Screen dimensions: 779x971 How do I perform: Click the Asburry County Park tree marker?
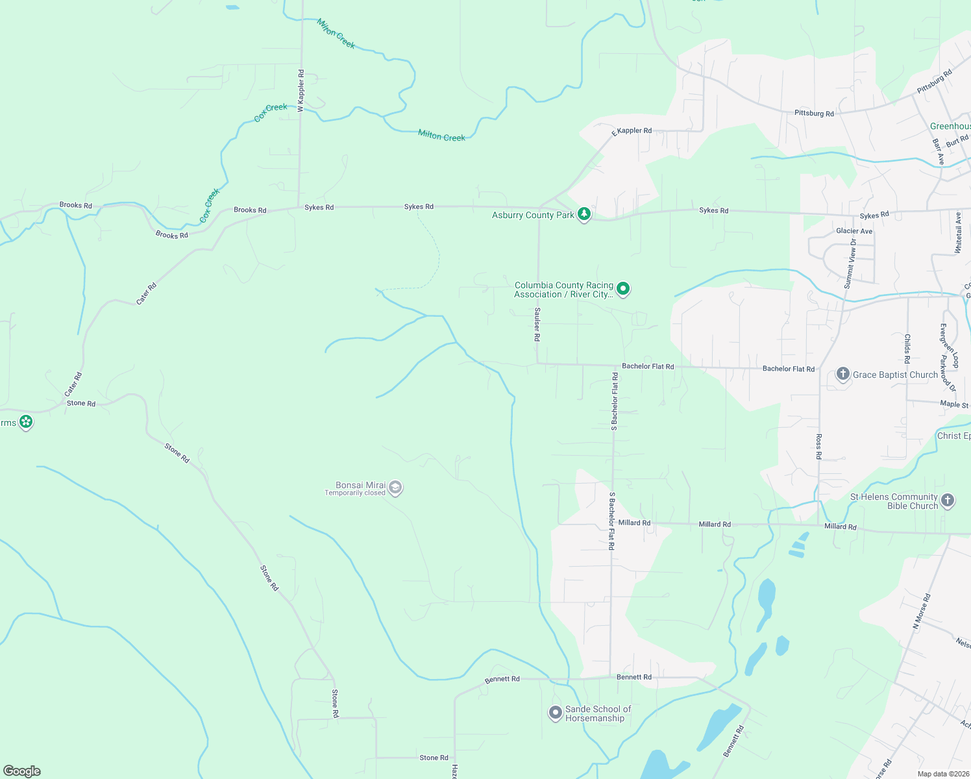click(584, 214)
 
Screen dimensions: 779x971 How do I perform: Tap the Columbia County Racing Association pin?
click(623, 288)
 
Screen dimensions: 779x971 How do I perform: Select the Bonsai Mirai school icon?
click(395, 488)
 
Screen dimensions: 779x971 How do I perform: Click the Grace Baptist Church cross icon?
click(842, 375)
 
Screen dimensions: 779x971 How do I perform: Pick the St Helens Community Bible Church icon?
click(948, 501)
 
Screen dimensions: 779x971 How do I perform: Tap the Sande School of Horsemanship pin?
click(555, 713)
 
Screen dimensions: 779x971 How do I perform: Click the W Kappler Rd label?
click(301, 90)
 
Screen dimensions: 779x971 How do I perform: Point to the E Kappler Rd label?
click(632, 132)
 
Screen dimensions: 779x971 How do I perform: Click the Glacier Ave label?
click(854, 231)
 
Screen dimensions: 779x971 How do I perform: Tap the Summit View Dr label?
click(850, 264)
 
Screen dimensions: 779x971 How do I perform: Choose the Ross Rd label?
click(819, 447)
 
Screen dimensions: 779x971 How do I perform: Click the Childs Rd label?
click(907, 349)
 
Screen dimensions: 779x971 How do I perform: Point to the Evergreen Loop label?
click(950, 345)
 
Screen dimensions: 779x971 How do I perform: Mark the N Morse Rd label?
click(922, 611)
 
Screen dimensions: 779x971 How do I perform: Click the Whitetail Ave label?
click(959, 232)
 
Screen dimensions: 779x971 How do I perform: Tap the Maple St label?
click(953, 404)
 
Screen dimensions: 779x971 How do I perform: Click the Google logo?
click(22, 771)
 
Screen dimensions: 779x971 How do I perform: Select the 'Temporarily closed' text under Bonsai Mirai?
click(355, 493)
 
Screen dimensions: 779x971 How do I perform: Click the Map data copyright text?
click(943, 774)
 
